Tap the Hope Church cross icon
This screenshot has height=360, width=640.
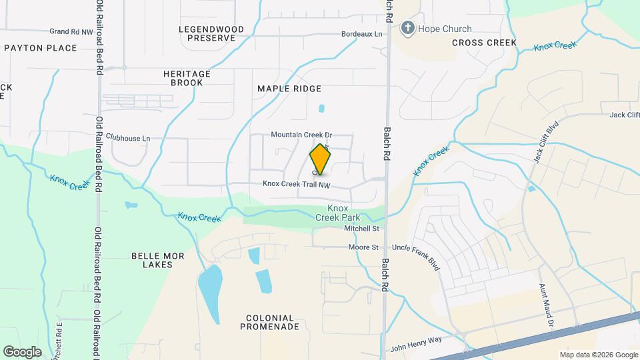click(407, 29)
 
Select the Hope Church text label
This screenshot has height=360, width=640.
click(445, 29)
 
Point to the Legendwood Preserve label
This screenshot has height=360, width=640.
click(211, 33)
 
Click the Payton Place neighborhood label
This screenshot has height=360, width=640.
click(40, 48)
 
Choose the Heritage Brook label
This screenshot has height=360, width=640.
click(187, 78)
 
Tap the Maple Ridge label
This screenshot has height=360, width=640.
click(289, 89)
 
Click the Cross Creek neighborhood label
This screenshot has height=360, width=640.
click(484, 43)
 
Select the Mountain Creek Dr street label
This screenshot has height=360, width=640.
click(301, 135)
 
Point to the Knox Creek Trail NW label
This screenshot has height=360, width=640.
click(297, 184)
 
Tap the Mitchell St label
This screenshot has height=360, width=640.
click(361, 229)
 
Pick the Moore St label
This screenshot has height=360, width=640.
click(363, 247)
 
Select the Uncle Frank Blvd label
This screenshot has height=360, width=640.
click(416, 256)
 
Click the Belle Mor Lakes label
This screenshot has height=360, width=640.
click(152, 260)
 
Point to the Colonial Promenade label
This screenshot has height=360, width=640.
click(271, 322)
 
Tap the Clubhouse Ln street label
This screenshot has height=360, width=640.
click(128, 139)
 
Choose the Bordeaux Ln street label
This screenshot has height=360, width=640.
click(362, 34)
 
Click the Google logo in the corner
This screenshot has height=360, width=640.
click(22, 351)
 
